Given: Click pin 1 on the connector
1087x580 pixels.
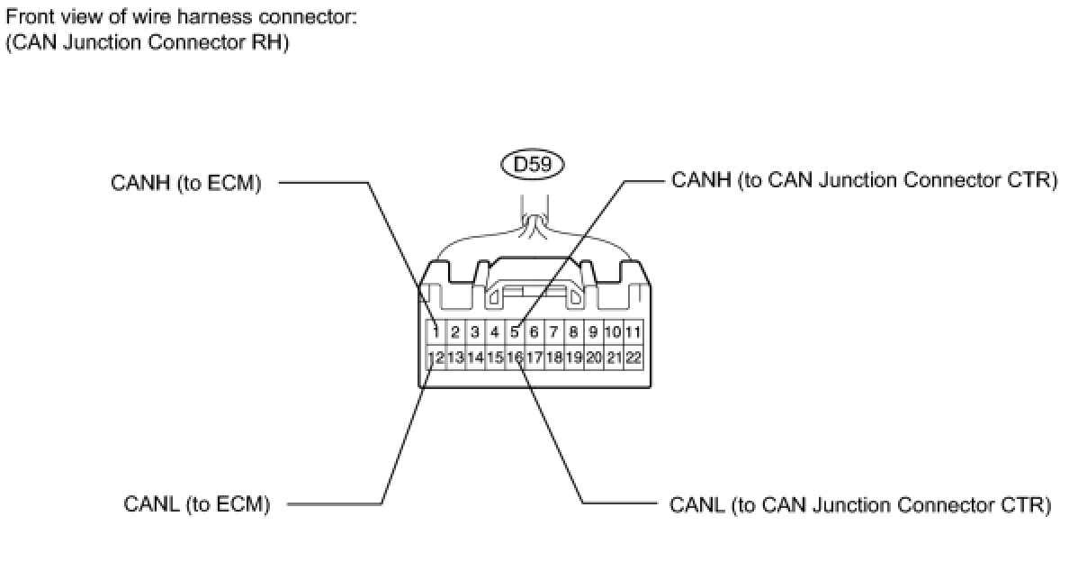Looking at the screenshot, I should click(x=435, y=332).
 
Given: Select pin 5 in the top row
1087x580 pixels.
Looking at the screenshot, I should click(x=515, y=332).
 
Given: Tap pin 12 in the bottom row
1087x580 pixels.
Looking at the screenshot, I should click(x=435, y=358).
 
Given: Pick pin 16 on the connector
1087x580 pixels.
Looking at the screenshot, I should click(x=515, y=358).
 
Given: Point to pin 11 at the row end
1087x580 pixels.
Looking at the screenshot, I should click(x=633, y=332).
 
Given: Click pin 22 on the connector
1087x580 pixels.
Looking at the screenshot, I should click(x=633, y=358).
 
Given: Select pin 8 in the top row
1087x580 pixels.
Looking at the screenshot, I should click(x=574, y=332).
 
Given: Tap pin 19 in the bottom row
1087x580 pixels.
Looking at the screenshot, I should click(x=574, y=358).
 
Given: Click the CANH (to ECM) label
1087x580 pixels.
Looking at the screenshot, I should click(x=185, y=184).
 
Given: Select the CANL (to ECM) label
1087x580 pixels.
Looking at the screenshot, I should click(x=196, y=504).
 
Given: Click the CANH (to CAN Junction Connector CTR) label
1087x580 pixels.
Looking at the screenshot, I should click(x=864, y=180).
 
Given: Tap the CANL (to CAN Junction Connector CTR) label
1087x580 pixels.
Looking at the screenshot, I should click(x=860, y=504).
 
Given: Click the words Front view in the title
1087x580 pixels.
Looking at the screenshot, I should click(x=46, y=16).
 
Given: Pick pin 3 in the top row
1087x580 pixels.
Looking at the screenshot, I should click(x=474, y=332).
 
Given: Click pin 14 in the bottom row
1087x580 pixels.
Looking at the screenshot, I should click(x=474, y=358).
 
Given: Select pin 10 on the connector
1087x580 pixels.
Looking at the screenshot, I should click(x=613, y=332).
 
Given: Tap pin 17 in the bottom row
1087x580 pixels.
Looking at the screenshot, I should click(x=535, y=358).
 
